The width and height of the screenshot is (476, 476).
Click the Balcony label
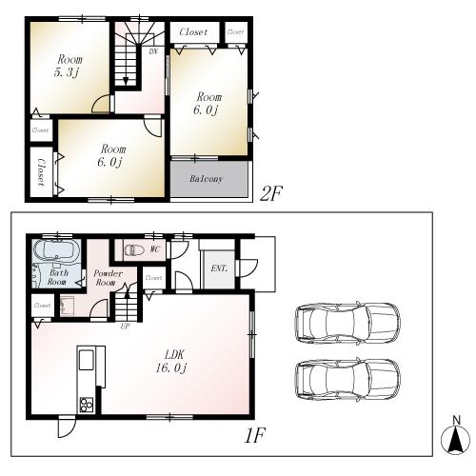(x=207, y=178)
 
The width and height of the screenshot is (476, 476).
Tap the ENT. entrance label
(x=217, y=269)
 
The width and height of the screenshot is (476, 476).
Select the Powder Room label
(x=105, y=278)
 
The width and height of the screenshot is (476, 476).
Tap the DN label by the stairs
(x=152, y=52)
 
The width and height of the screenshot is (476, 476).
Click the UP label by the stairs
(x=125, y=326)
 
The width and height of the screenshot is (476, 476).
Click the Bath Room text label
(x=57, y=277)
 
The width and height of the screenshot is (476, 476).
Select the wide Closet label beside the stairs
(x=193, y=31)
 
